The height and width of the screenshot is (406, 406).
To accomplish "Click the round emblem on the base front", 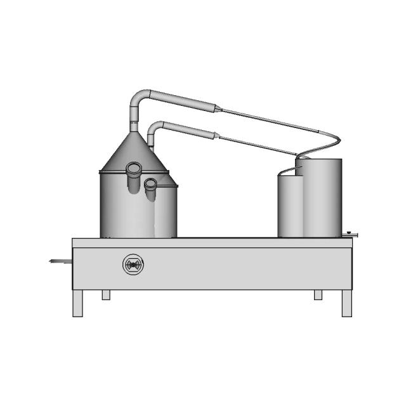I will click(x=133, y=265).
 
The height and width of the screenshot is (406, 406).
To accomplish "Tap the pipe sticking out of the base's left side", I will click(x=61, y=261).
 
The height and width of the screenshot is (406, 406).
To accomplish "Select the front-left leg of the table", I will click(x=77, y=303).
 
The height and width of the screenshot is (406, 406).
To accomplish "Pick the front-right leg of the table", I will click(x=346, y=303).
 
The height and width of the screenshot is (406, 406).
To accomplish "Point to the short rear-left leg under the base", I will click(x=106, y=295).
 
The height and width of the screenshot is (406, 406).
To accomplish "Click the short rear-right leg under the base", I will click(x=318, y=295).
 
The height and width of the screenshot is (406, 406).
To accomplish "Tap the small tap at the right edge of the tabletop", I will click(x=350, y=235).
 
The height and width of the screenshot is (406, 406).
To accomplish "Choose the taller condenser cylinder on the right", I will click(x=322, y=198).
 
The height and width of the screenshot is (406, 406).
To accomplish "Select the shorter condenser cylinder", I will click(x=290, y=206).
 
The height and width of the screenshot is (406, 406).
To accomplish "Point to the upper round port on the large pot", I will click(x=134, y=169).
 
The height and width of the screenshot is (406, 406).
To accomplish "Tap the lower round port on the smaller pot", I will click(x=150, y=185).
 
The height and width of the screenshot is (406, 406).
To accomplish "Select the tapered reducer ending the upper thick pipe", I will click(x=218, y=108).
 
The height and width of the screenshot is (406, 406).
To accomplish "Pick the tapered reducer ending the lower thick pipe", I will click(x=217, y=135).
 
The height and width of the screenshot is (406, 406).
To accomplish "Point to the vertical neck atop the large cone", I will click(x=134, y=122).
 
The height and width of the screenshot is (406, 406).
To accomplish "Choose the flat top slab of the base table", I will click(x=212, y=243).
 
